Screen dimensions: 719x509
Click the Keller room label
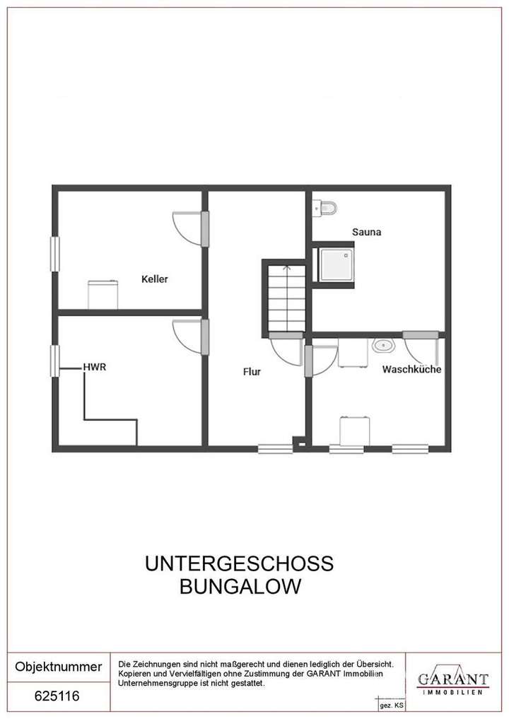click(155, 279)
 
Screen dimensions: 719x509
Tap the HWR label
click(95, 367)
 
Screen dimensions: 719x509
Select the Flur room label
click(252, 370)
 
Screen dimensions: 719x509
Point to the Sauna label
click(367, 231)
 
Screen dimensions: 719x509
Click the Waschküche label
click(412, 369)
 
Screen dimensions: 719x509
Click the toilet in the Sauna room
click(327, 207)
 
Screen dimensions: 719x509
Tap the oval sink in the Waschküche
click(383, 346)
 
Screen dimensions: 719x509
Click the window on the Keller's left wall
click(54, 253)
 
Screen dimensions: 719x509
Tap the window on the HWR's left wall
click(54, 361)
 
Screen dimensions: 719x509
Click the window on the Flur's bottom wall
click(275, 448)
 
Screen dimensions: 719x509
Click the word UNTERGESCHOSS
click(239, 564)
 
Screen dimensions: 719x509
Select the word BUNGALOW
click(239, 587)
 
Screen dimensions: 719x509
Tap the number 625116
click(57, 696)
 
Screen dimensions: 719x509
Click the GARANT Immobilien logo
click(452, 682)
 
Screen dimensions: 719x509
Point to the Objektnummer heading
click(58, 667)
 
